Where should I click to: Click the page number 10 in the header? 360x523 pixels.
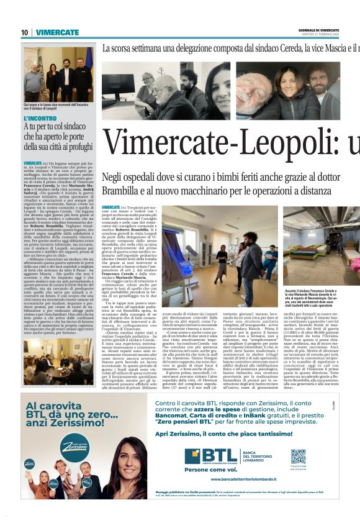click(25, 32)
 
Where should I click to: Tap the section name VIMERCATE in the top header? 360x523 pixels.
click(56, 32)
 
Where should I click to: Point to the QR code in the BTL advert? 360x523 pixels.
click(299, 457)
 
